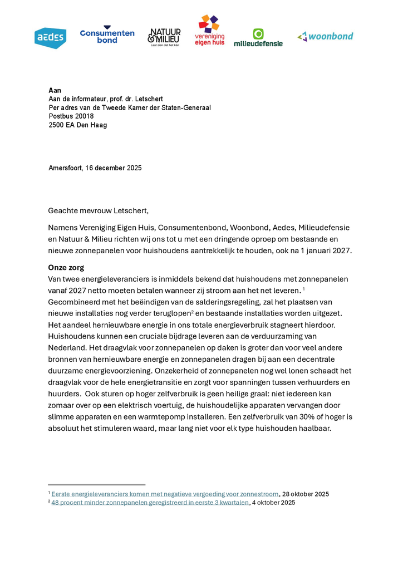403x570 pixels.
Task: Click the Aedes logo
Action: click(x=50, y=38)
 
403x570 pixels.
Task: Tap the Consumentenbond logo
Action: click(x=107, y=36)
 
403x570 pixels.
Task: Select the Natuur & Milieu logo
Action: click(x=164, y=37)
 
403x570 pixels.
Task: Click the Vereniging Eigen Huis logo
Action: click(x=210, y=31)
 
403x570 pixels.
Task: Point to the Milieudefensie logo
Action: click(x=258, y=37)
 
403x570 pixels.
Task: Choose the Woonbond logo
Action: click(x=325, y=37)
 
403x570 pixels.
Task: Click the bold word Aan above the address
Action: click(x=55, y=90)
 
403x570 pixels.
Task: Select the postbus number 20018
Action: click(x=84, y=116)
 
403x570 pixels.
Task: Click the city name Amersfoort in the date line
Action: click(x=66, y=168)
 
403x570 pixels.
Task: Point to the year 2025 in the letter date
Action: click(x=133, y=168)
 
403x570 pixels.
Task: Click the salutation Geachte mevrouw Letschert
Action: click(x=99, y=210)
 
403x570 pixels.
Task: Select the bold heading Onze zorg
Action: click(x=66, y=268)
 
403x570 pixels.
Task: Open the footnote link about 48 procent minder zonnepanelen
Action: click(x=150, y=503)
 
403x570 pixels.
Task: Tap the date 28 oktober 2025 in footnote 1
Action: click(x=306, y=494)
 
